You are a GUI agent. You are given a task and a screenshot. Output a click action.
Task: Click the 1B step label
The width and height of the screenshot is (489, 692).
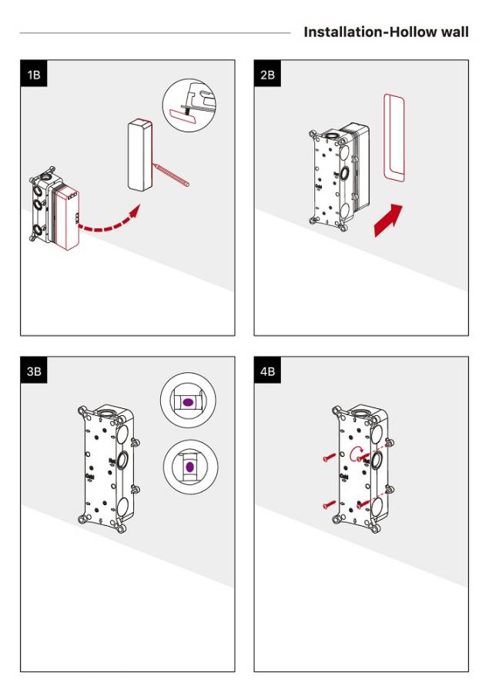tap(33, 75)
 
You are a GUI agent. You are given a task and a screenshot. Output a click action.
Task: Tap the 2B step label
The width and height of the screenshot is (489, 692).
tap(267, 75)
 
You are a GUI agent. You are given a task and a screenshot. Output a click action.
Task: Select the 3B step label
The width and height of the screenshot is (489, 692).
tap(34, 371)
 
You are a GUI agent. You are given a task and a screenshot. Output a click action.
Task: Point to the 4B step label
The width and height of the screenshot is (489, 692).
tap(267, 371)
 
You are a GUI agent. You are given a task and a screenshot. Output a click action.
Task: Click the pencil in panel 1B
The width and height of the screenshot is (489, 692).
tap(172, 174)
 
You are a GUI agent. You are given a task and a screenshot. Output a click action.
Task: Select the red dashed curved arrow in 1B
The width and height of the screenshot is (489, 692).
tap(108, 223)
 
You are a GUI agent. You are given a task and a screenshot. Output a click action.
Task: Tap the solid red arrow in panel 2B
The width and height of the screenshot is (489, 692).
tap(387, 221)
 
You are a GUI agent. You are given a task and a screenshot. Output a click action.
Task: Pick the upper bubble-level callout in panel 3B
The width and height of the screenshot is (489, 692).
tap(188, 403)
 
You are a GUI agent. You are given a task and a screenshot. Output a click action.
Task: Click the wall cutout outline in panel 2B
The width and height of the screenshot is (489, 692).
tap(394, 138)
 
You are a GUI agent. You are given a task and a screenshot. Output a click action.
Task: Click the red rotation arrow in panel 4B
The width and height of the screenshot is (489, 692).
tap(356, 452)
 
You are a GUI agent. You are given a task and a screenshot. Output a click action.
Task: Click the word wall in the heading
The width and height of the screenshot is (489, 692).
tap(453, 32)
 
